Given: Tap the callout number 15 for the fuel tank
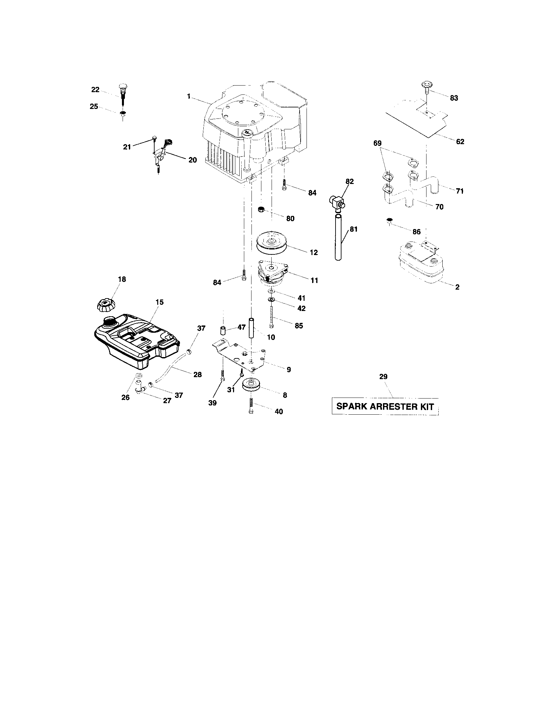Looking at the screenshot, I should (x=159, y=302).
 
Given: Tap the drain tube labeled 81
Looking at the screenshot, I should (x=338, y=237).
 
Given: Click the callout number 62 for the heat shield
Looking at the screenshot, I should (x=460, y=142).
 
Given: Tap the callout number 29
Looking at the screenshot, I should (x=383, y=376).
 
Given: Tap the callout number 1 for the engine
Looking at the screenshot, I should (x=189, y=96).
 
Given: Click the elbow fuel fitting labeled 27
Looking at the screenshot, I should (x=139, y=388).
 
